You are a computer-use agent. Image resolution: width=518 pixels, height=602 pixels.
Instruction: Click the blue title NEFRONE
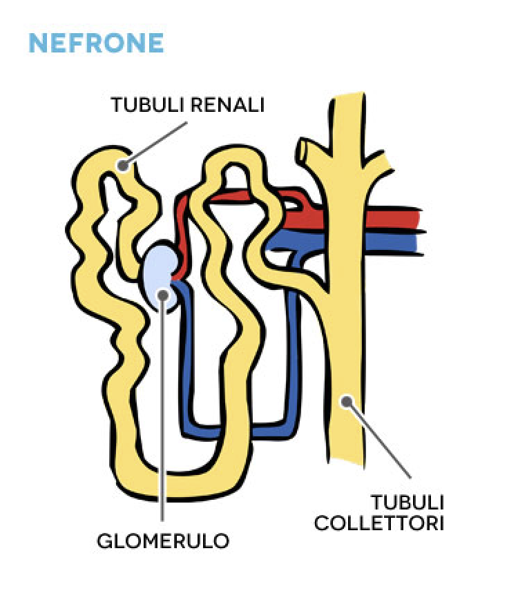click(97, 43)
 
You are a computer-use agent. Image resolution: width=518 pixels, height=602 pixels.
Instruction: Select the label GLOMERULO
click(163, 541)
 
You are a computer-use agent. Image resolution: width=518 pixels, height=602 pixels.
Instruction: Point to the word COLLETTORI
click(379, 523)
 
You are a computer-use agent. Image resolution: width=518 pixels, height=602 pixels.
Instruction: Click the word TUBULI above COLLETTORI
click(407, 502)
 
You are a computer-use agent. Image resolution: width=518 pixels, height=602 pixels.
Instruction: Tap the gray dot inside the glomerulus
click(163, 295)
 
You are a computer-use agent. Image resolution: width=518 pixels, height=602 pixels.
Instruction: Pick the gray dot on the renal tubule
click(122, 166)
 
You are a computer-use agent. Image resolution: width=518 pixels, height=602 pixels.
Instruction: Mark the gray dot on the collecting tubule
click(347, 402)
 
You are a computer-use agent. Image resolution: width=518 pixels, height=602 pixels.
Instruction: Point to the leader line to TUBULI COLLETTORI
click(379, 440)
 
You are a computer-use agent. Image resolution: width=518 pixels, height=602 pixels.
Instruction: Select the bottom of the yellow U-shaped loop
click(180, 485)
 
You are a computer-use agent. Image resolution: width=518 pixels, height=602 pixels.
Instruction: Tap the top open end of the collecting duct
click(347, 96)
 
